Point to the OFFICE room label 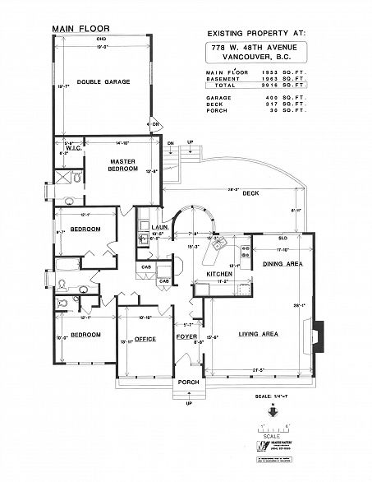[145, 338]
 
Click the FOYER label [186, 338]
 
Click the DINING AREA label [282, 264]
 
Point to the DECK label [250, 193]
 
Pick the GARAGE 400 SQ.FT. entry [256, 98]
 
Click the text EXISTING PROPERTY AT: [255, 32]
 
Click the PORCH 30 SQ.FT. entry [256, 111]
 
